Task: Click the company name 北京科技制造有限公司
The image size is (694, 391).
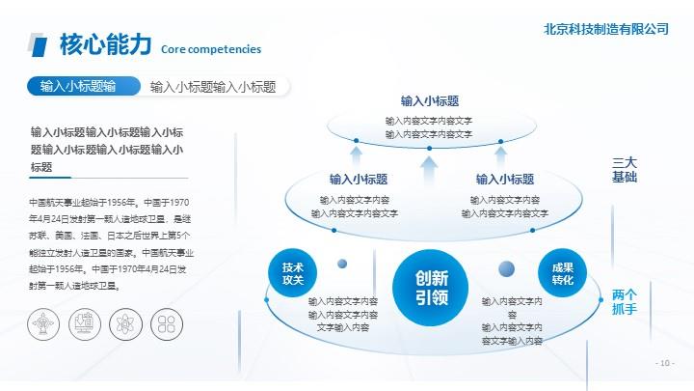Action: coord(606,29)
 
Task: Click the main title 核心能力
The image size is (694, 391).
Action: coord(106,44)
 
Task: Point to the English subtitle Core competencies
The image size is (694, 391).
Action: coord(211,49)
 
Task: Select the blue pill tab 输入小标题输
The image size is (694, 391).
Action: coord(84,86)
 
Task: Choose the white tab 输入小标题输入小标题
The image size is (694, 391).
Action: coord(213,87)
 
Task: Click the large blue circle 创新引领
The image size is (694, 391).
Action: coord(430,288)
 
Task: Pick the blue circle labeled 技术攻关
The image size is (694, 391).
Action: coord(293,273)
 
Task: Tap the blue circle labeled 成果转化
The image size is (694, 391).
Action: coord(563,273)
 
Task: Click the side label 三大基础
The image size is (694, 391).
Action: coord(625,170)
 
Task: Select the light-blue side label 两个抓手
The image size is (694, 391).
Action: coord(625,301)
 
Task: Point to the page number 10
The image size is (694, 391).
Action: coord(665,363)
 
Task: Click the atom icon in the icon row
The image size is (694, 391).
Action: coord(125,324)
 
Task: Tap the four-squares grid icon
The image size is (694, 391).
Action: coord(167,324)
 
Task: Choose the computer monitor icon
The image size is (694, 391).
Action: coord(85,324)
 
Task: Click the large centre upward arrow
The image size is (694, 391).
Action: coord(429,171)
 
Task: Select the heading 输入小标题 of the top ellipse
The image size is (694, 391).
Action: coord(430,101)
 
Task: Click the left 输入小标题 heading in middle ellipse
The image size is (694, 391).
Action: coord(359,180)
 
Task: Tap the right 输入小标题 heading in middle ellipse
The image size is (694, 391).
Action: coord(505,180)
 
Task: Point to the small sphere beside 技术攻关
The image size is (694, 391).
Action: coord(342,264)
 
